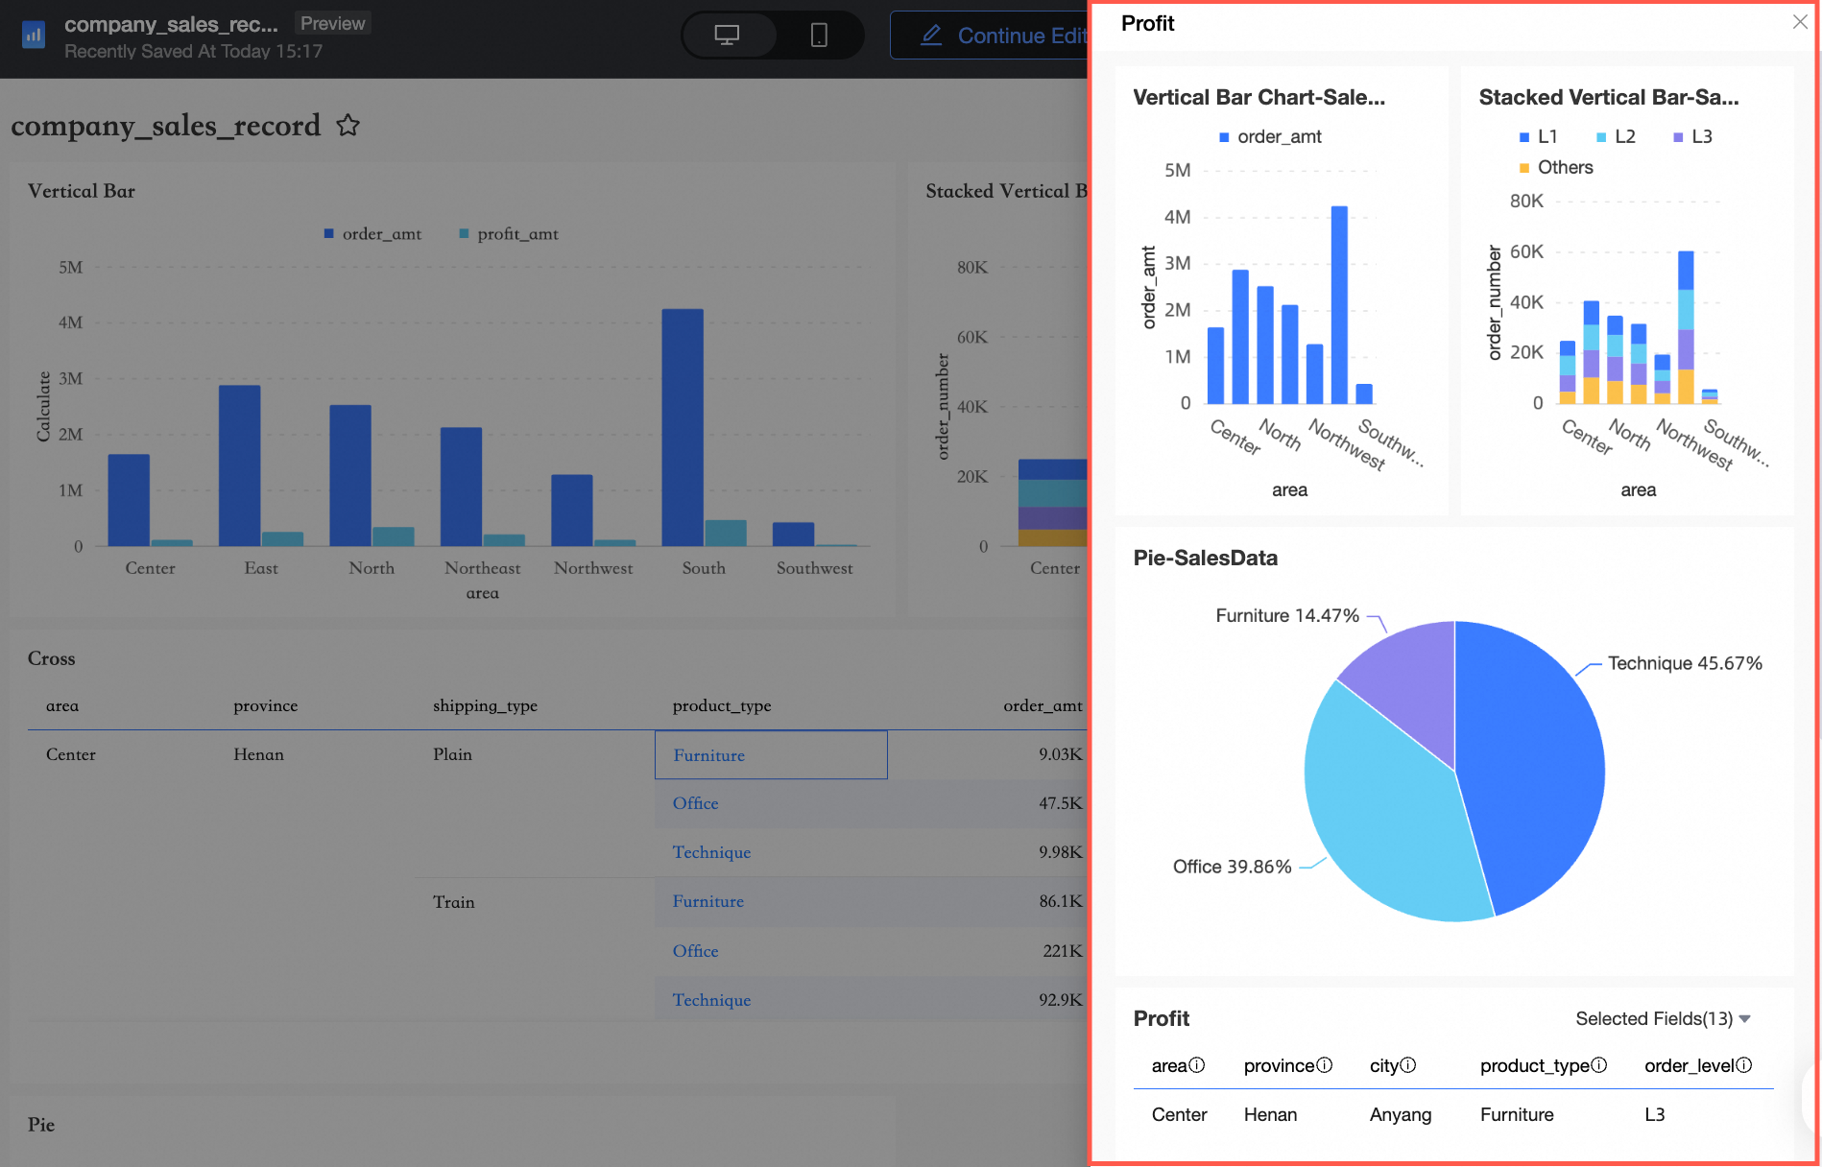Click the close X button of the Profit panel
1799,22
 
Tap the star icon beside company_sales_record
348,125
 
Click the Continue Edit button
998,36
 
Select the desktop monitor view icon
727,36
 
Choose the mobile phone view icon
818,36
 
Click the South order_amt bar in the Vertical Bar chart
683,427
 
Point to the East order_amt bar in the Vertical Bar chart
239,465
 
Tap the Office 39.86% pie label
1232,867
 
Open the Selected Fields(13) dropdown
1663,1019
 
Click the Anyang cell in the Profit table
1400,1115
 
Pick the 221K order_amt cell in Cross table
1062,951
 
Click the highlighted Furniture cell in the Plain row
770,755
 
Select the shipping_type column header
485,706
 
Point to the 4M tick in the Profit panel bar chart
1177,217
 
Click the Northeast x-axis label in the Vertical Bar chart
482,568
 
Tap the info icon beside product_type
1599,1065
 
